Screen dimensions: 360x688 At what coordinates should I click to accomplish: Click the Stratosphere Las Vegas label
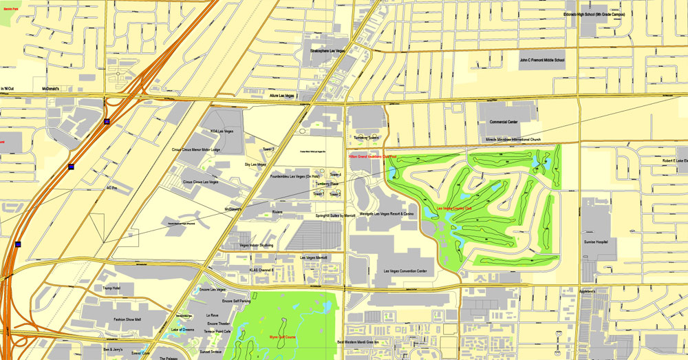click(326, 50)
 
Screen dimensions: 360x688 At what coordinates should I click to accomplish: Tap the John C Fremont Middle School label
click(541, 61)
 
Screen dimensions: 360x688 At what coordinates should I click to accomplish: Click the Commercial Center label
click(503, 122)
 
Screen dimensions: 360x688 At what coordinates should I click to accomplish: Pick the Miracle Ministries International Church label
click(513, 139)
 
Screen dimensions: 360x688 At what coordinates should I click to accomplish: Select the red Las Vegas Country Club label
click(454, 208)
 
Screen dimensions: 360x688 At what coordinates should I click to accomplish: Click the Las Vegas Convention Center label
click(405, 271)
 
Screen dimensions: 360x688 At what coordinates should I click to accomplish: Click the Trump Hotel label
click(111, 288)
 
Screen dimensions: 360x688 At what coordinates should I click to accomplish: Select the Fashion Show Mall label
click(127, 319)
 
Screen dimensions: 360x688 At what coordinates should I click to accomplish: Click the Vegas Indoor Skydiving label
click(256, 245)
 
